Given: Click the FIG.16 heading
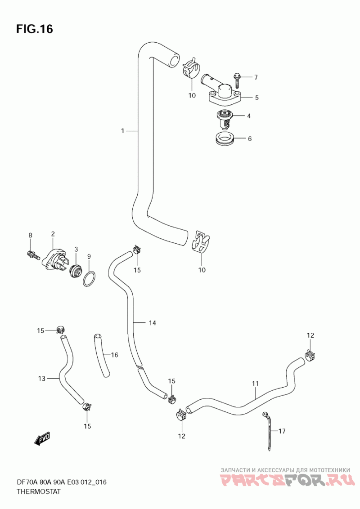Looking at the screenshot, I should pos(34,29).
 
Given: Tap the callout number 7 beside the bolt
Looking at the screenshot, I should pos(256,77).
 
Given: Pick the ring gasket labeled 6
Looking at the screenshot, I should pos(224,139).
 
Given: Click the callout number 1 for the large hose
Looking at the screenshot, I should pos(122,131).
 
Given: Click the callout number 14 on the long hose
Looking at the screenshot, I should pos(152,323).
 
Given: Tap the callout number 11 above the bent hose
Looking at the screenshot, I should pos(255,384).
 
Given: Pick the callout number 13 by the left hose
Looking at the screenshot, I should pos(42,379).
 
